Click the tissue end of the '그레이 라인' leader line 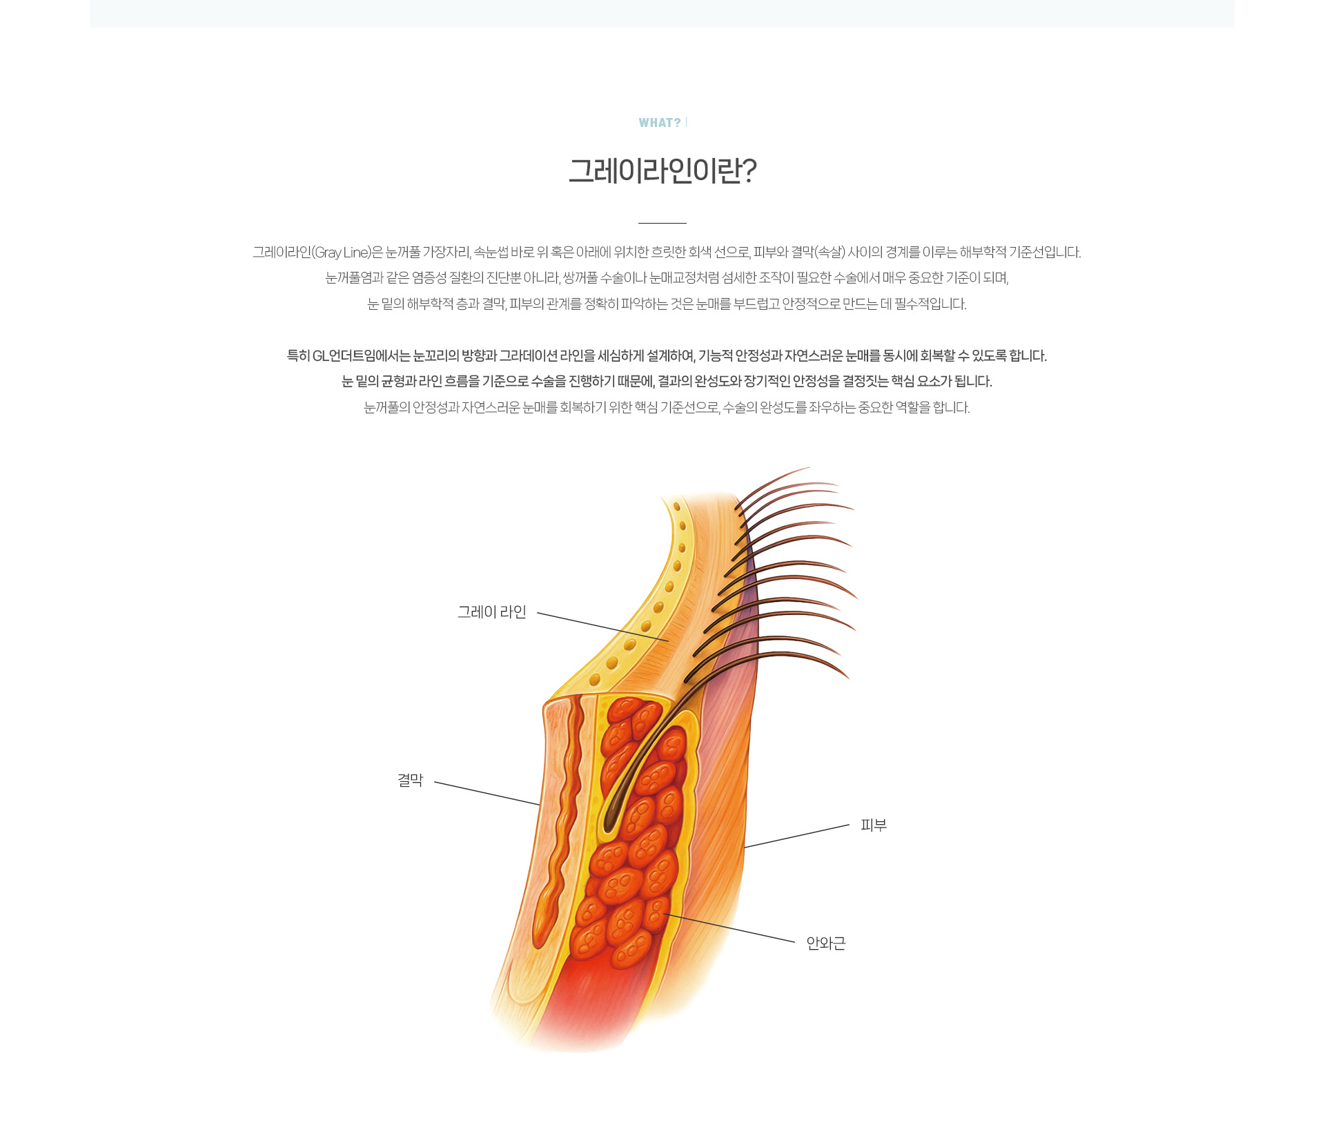coord(669,641)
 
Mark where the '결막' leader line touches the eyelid coord(539,805)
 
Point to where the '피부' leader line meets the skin coord(745,848)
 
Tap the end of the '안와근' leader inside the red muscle coord(663,914)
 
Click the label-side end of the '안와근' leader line coord(795,942)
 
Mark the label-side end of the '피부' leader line coord(850,825)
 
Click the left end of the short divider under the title coord(638,223)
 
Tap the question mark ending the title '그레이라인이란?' coord(749,170)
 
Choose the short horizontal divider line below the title coord(662,223)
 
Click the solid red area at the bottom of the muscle coord(587,994)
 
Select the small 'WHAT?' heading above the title coord(660,123)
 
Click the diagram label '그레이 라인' coord(492,612)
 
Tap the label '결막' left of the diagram coord(411,781)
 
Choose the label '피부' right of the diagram coord(874,825)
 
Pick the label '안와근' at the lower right coord(826,943)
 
